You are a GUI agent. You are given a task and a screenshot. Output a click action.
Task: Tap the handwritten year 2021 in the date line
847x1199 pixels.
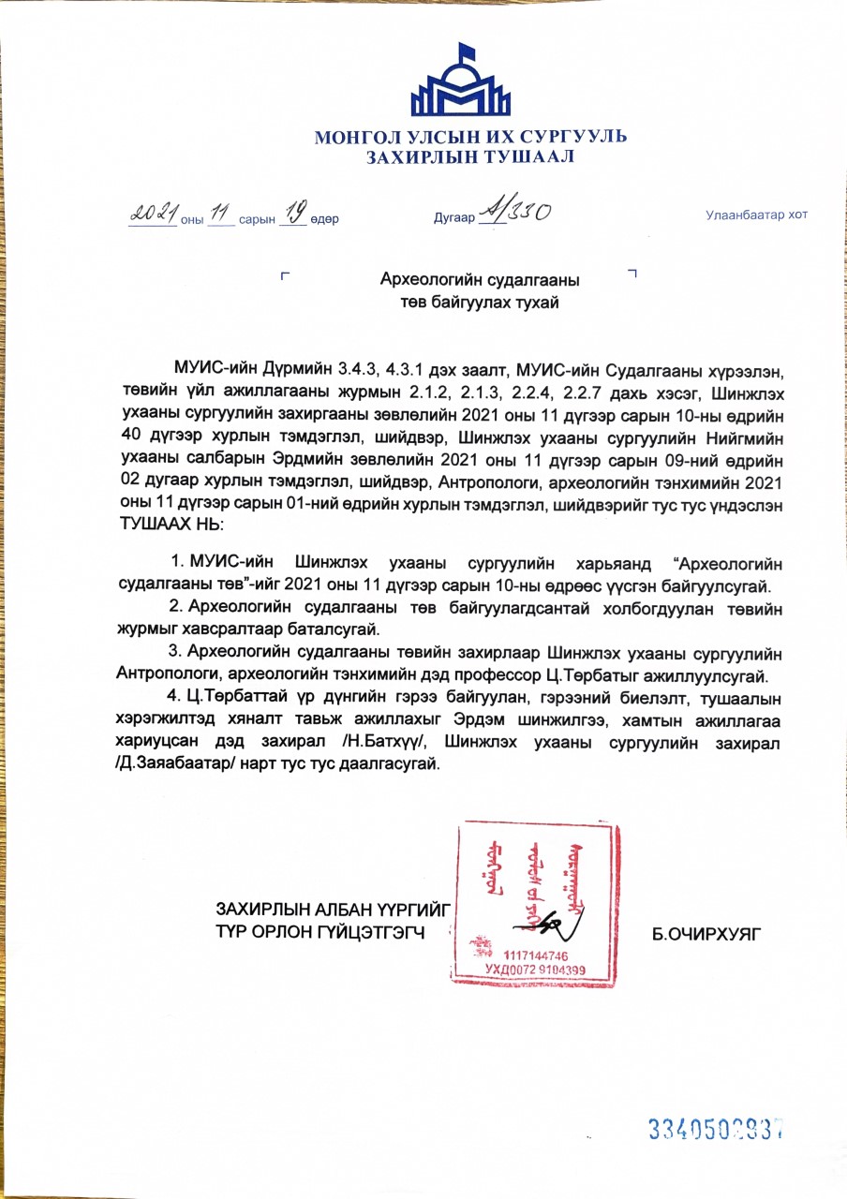click(x=154, y=215)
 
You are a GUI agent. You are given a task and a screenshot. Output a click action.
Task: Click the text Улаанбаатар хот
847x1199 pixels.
click(x=756, y=215)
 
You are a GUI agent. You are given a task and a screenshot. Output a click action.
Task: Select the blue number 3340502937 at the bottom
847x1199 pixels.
click(x=716, y=1129)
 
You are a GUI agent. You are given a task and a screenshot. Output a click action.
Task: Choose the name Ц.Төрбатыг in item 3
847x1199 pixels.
click(x=591, y=674)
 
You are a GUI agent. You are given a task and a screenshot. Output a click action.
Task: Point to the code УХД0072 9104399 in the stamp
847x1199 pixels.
click(x=535, y=970)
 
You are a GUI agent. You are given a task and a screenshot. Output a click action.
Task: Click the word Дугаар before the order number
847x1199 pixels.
click(x=453, y=219)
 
